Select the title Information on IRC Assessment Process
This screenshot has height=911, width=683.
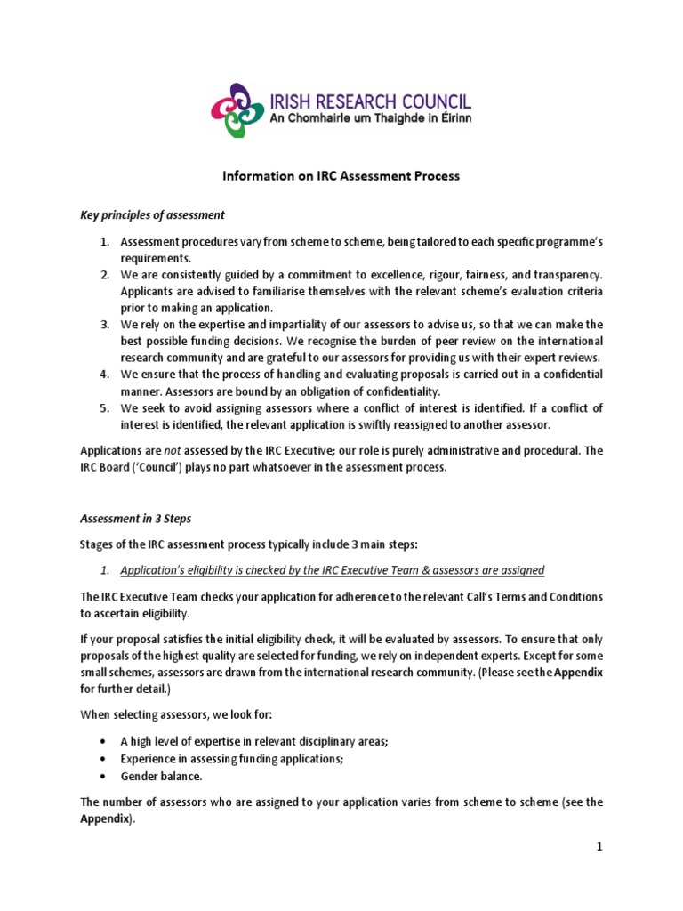341,176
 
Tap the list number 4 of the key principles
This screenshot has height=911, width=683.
103,375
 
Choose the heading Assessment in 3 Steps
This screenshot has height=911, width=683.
136,518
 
